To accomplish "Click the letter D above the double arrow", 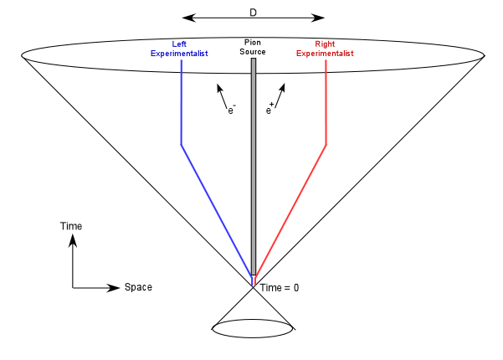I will pyautogui.click(x=253, y=13).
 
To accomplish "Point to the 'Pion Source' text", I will pyautogui.click(x=253, y=48).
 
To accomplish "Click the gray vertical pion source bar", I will pyautogui.click(x=254, y=167).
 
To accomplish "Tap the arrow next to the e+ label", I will pyautogui.click(x=279, y=92).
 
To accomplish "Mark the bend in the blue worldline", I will pyautogui.click(x=182, y=145).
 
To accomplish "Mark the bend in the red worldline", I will pyautogui.click(x=326, y=145).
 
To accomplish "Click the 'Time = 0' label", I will pyautogui.click(x=280, y=287).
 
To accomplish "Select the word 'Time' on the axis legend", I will pyautogui.click(x=71, y=227).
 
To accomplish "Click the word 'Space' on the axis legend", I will pyautogui.click(x=138, y=287).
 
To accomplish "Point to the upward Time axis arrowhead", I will pyautogui.click(x=73, y=240).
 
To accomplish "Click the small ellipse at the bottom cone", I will pyautogui.click(x=253, y=328).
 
